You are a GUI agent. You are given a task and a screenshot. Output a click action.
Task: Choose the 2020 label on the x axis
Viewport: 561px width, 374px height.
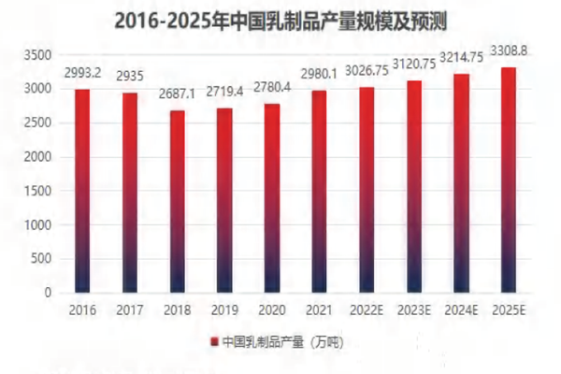tap(272, 309)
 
